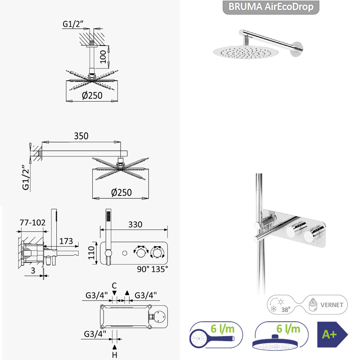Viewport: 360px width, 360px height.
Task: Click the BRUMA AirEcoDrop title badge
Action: pos(271,7)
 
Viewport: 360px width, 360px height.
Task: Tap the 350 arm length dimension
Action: pos(81,136)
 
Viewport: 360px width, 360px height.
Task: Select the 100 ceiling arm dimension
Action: pos(103,57)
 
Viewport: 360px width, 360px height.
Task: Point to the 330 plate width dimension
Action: pos(135,224)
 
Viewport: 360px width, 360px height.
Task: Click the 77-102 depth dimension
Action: pos(32,222)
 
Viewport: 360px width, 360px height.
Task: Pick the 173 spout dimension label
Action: pos(66,241)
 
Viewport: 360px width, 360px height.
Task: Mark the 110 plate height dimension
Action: pos(91,252)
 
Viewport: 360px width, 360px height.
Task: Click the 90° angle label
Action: pos(143,269)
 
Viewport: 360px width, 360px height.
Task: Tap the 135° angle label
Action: pos(160,269)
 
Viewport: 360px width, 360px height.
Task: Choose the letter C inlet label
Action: pos(114,286)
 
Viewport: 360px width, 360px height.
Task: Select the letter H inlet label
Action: pos(115,355)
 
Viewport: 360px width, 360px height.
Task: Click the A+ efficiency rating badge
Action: pos(333,334)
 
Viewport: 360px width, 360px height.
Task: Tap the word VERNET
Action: pos(332,305)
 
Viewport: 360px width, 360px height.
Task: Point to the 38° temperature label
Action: pos(286,310)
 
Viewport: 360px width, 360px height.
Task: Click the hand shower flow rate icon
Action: pos(216,335)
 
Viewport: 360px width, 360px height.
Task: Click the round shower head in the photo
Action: pos(246,52)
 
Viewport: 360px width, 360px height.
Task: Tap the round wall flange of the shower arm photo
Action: pos(297,49)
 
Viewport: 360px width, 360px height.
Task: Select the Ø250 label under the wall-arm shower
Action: pos(121,193)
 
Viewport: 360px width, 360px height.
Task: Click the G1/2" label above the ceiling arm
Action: pos(73,24)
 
